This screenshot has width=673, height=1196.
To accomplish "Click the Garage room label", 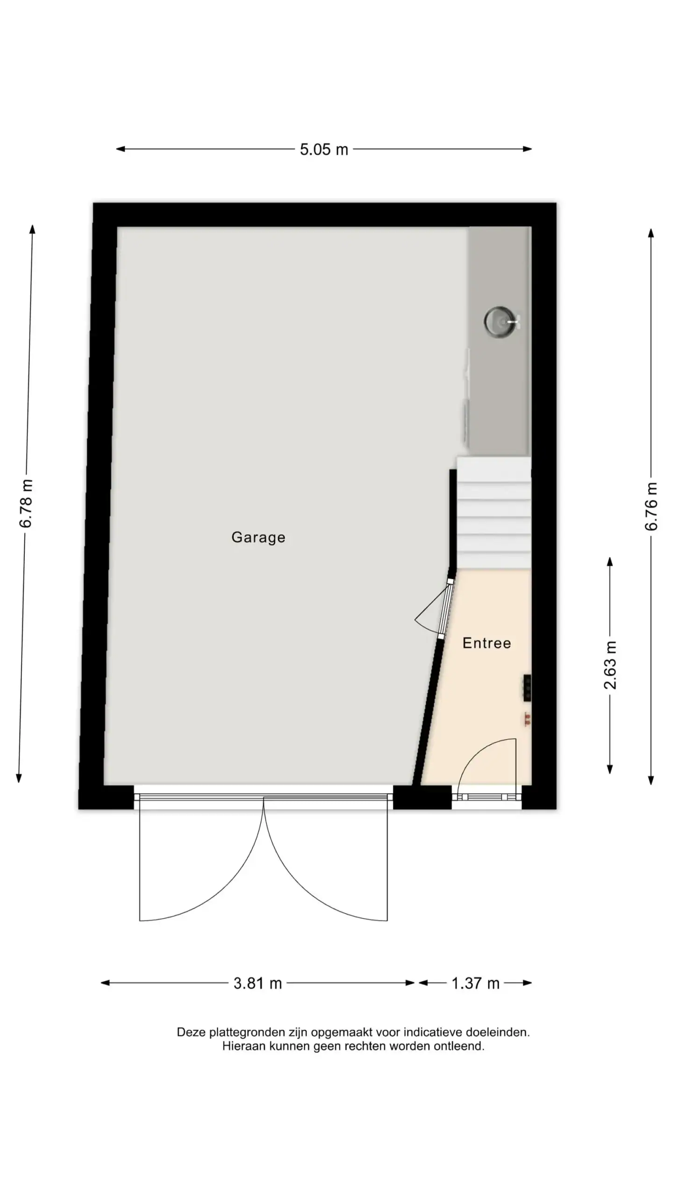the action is click(x=258, y=537).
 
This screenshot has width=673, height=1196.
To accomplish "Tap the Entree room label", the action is click(x=487, y=643).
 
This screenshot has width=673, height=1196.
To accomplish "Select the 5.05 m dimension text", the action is click(x=324, y=149).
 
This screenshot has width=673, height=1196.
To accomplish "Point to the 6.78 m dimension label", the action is click(x=26, y=503).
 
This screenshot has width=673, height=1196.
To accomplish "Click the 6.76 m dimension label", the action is click(x=651, y=506).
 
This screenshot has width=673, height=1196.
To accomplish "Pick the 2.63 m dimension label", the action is click(x=610, y=665).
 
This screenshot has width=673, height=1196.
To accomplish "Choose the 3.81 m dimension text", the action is click(x=258, y=983).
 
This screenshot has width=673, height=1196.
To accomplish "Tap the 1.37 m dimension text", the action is click(x=475, y=983).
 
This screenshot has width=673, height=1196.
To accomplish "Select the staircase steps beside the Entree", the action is click(x=494, y=513).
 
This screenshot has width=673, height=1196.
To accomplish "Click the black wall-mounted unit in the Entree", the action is click(x=527, y=688).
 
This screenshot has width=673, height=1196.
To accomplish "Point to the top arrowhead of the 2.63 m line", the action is click(x=610, y=562).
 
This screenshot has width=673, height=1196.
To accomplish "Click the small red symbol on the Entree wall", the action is click(x=527, y=719).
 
